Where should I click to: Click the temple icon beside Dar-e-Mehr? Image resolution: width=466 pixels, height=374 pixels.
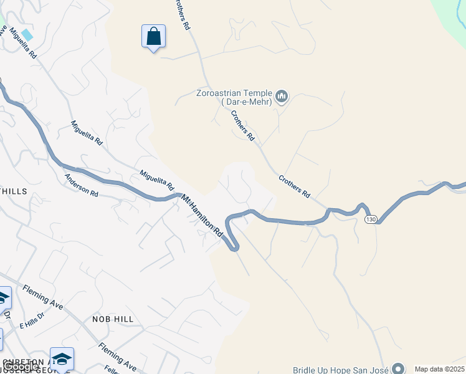point(282,97)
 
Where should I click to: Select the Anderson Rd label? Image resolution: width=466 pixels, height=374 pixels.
point(82,185)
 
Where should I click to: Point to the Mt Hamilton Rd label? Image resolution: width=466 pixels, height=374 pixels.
point(202,216)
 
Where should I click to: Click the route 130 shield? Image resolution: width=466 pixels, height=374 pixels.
point(371,219)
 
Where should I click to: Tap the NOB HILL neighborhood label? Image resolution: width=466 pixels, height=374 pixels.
point(113,319)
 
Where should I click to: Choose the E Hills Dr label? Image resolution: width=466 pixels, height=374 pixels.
point(32,320)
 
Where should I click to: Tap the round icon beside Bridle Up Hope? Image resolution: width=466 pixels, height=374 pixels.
point(399,369)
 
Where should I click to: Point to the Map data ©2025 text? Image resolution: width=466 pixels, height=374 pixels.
point(439,369)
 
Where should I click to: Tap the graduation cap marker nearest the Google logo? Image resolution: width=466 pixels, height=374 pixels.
point(62,358)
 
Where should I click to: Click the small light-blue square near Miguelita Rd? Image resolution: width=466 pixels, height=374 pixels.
point(27,34)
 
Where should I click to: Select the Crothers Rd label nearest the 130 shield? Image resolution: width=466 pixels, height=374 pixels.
point(294,186)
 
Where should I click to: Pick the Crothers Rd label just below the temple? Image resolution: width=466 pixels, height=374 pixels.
point(243,125)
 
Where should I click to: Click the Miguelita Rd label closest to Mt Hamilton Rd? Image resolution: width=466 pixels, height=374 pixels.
point(156,180)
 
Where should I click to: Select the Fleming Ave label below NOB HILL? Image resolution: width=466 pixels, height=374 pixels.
point(118,356)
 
